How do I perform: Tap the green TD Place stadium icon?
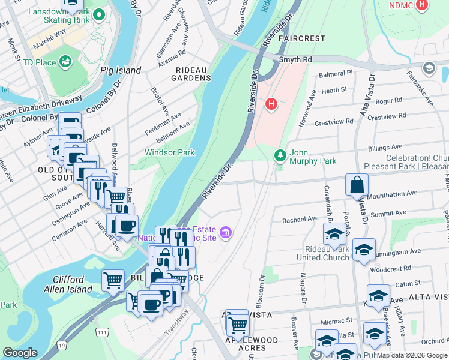coord(65,62)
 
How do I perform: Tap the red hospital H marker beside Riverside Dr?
coord(271,104)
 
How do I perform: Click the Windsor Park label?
coord(169,152)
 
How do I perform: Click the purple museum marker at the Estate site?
coord(226,233)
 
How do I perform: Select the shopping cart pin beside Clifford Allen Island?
coord(113,280)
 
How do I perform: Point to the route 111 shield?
coord(101,332)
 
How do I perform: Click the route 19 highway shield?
coord(62,344)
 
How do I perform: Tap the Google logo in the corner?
coord(20,353)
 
